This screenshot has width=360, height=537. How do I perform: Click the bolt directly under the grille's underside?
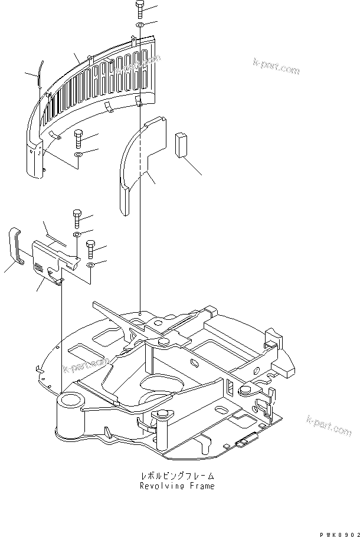click(x=78, y=140)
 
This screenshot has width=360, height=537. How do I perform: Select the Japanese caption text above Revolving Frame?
click(x=178, y=476)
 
